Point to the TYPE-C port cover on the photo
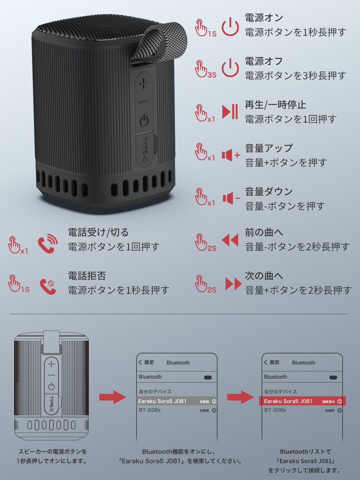(x=145, y=149)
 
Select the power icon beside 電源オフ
(x=230, y=68)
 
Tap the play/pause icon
(x=230, y=112)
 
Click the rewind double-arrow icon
(x=230, y=240)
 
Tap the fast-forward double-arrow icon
(x=233, y=283)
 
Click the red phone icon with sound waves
(x=48, y=243)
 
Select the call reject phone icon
(x=48, y=286)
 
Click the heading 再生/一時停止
(x=275, y=105)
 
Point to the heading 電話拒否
(x=87, y=276)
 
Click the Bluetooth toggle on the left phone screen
(x=208, y=377)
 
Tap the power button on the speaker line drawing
(x=51, y=387)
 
